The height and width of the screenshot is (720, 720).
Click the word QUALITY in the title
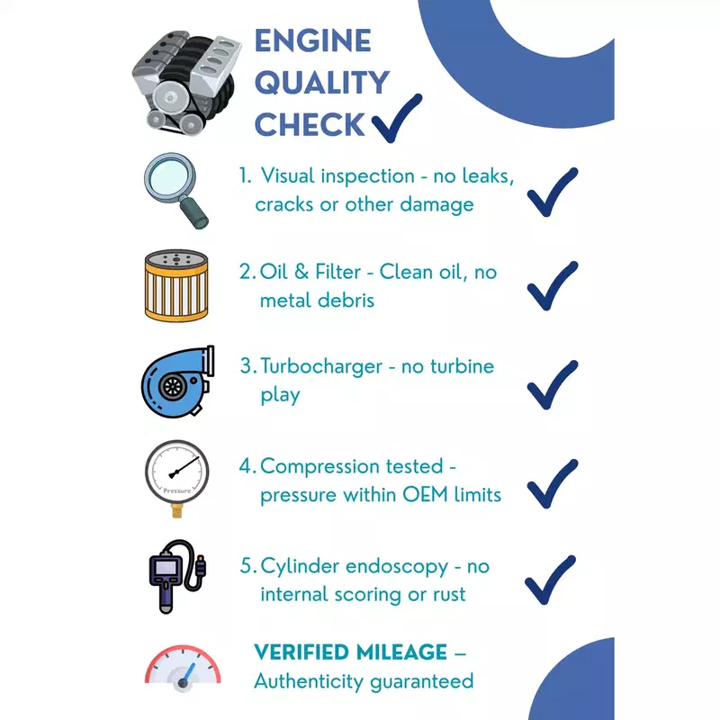coord(322,83)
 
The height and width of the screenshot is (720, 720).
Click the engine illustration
coord(186,83)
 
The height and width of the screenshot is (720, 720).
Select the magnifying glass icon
coord(176,191)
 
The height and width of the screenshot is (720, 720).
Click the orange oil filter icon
coord(176,285)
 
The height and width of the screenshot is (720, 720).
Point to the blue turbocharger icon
coord(177,382)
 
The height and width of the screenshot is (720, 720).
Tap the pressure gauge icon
coord(177,479)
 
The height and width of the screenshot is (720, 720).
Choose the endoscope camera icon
coord(177,576)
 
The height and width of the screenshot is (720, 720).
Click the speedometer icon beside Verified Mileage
coord(183,668)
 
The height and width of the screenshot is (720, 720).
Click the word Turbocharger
coord(321,366)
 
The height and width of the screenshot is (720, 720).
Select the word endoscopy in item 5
coord(397,568)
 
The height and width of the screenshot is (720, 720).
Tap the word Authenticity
coord(309,681)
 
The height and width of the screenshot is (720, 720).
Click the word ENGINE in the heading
coord(312,40)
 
